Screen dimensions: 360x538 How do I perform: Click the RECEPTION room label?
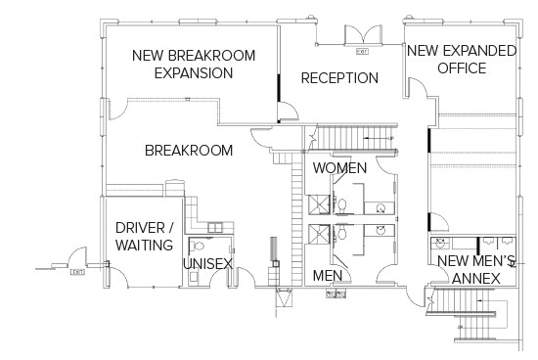coord(339,77)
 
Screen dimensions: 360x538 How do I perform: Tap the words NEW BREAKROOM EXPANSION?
coord(194,64)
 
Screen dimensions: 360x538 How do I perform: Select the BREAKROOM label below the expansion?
coord(189,150)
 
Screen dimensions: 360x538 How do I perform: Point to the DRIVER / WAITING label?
coord(145,236)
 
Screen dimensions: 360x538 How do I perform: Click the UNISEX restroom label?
coord(207,264)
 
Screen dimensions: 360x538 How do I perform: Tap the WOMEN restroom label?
coord(339,168)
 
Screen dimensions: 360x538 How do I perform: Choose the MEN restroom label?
coord(326,277)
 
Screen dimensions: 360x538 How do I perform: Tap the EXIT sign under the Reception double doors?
coord(362,49)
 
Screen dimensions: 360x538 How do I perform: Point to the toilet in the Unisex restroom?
coord(199,247)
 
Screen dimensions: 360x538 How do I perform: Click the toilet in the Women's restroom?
coord(343,202)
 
